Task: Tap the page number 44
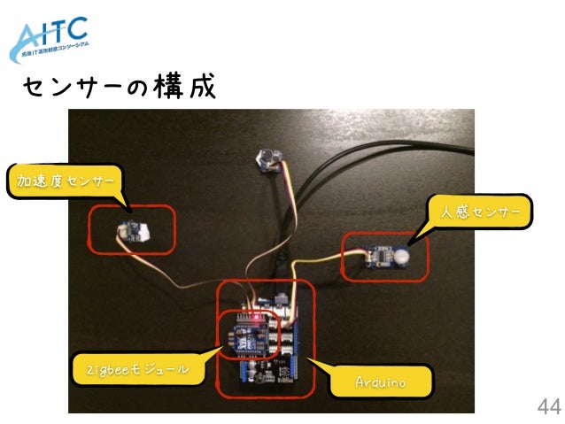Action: pos(548,407)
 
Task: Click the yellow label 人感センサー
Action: pos(476,212)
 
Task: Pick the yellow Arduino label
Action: pos(380,382)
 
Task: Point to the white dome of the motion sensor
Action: pos(403,255)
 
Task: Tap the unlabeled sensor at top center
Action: pos(267,158)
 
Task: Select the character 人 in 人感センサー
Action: pos(435,212)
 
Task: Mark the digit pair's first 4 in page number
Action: pos(543,407)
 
